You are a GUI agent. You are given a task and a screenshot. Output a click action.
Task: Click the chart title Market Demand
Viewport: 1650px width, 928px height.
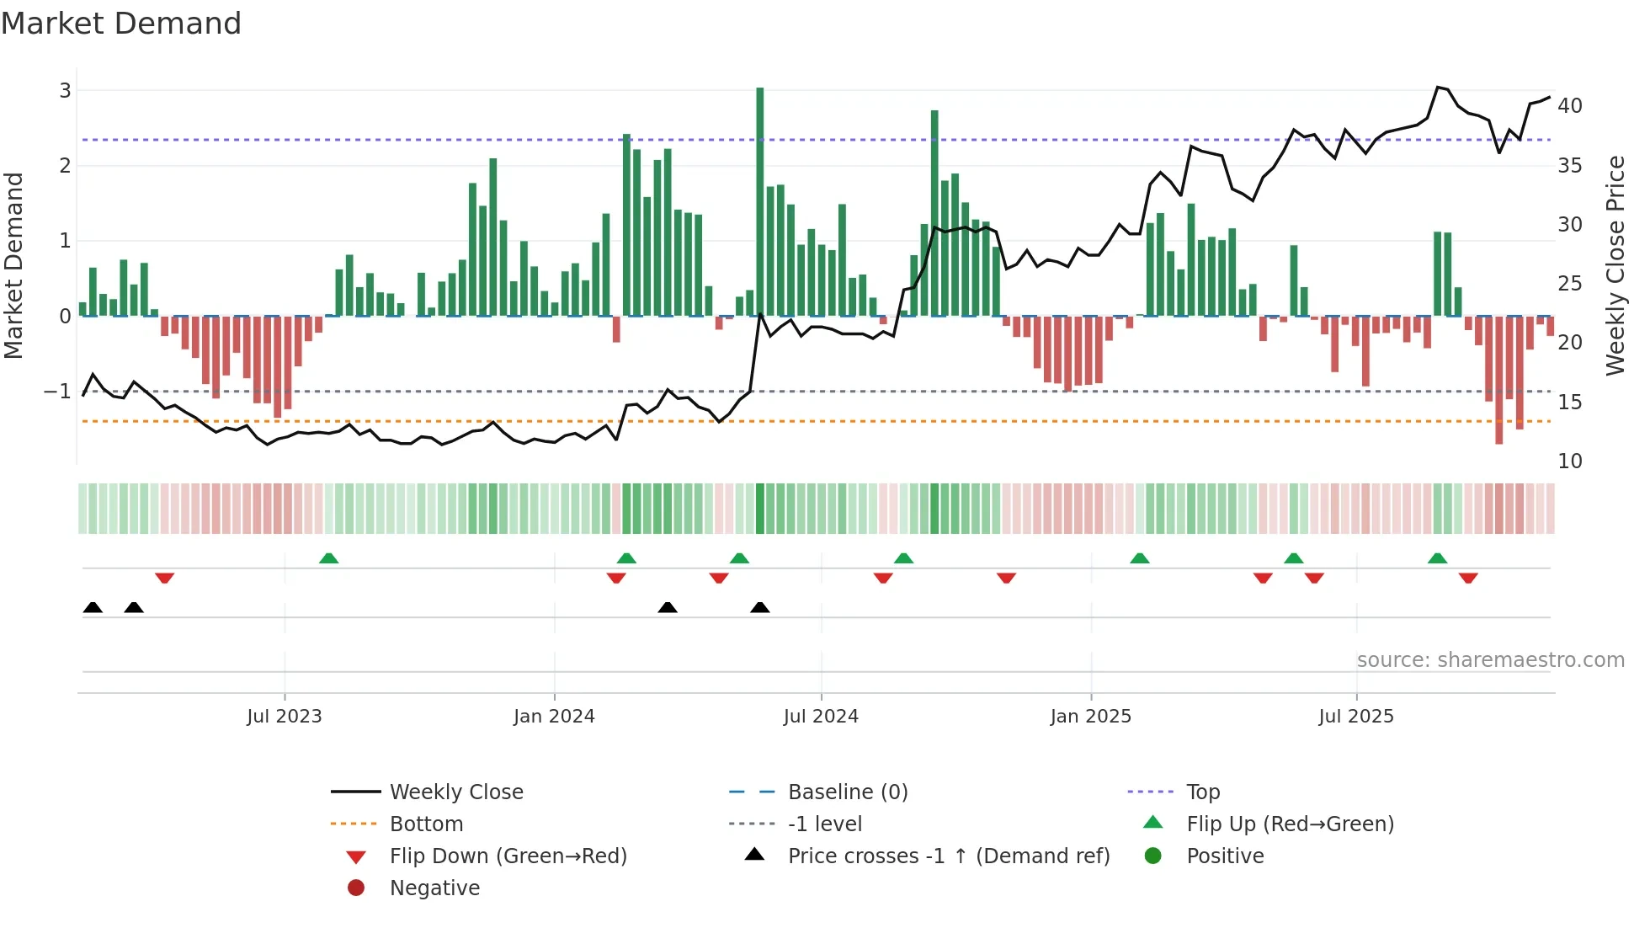coord(121,24)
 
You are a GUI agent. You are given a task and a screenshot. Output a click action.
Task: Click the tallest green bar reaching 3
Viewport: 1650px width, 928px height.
coord(759,202)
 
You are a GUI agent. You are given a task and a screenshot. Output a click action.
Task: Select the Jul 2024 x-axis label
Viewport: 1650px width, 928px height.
coord(821,717)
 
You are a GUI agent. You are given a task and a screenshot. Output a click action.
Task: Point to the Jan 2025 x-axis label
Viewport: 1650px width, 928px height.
coord(1090,717)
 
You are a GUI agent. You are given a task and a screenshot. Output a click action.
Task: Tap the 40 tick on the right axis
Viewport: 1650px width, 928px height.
coord(1569,106)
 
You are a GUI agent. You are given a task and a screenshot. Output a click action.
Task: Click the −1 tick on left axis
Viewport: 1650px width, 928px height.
coord(57,392)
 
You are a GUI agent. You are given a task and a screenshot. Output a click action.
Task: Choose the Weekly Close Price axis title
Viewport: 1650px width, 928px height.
coord(1615,265)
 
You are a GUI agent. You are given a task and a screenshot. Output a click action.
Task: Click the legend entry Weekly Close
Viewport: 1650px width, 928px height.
coord(455,792)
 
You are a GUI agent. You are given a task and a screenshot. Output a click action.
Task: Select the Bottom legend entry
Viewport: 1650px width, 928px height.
coord(426,824)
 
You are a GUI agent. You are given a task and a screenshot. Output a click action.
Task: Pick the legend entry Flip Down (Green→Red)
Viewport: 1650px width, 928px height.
coord(508,856)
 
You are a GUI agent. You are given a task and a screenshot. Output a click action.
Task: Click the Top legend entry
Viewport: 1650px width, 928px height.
coord(1202,792)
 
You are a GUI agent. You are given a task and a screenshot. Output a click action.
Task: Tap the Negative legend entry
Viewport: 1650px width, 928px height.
coord(434,888)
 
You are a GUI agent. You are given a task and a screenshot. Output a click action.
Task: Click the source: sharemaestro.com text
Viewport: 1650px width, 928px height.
coord(1490,660)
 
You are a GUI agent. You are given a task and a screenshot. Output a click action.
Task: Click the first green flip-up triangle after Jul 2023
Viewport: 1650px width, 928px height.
coord(329,558)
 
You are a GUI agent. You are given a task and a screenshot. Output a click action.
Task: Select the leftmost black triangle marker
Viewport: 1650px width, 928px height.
coord(93,608)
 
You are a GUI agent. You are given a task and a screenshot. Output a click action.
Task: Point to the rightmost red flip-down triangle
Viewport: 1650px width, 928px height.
coord(1468,578)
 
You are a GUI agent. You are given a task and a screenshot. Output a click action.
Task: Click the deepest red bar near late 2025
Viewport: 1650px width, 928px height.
coord(1498,379)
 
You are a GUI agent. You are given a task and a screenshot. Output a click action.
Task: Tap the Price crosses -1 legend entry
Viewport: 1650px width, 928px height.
coord(948,856)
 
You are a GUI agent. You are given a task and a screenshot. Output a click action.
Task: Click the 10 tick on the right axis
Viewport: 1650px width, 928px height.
coord(1569,461)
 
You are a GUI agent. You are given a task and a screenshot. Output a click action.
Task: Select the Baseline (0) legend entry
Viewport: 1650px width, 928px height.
coord(847,792)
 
